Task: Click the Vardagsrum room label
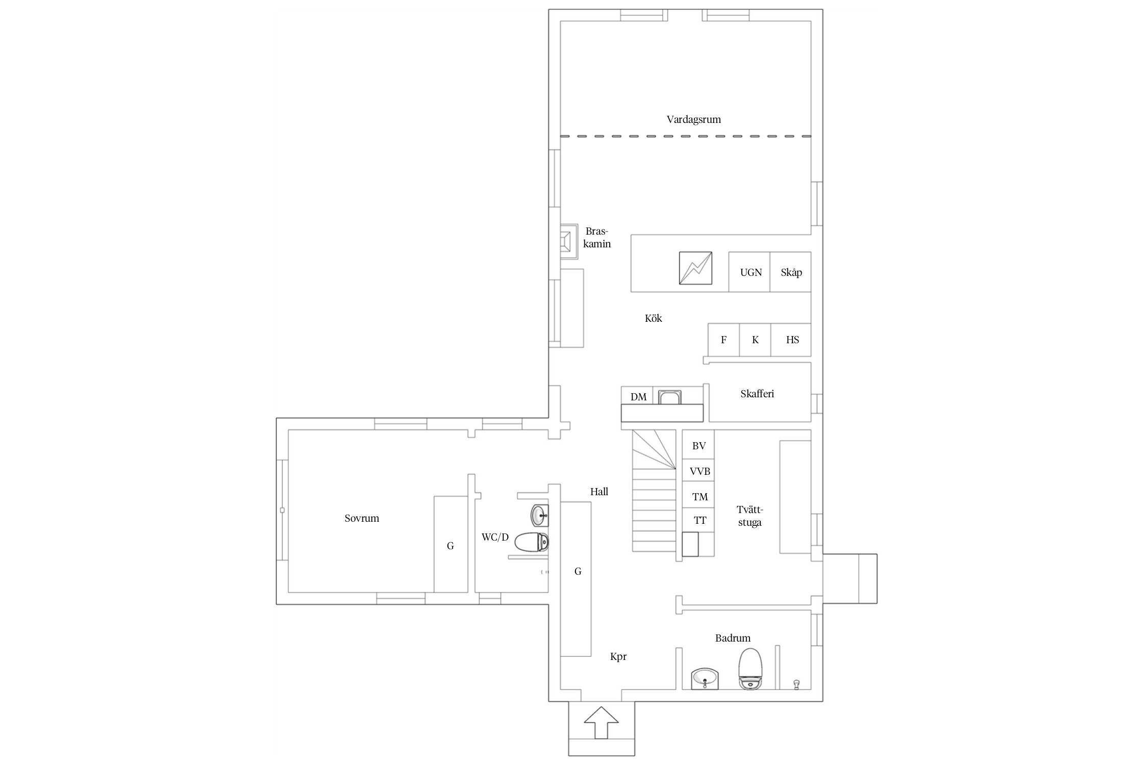coord(693,120)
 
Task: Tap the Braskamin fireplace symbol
coord(568,241)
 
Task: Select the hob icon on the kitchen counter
coord(695,268)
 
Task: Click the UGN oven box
coord(749,272)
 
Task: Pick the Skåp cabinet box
coord(790,272)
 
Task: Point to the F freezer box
coord(723,340)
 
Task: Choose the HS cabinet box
coord(791,340)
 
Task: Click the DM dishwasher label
coord(638,397)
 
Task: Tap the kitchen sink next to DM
coord(669,397)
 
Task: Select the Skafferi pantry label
coord(757,394)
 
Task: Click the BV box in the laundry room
coord(698,446)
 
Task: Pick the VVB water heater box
coord(698,471)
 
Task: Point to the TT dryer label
coord(700,521)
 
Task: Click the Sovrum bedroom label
coord(362,519)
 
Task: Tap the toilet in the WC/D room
coord(532,542)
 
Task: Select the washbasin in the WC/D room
coord(540,515)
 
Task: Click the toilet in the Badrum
coord(751,669)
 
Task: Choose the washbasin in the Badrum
coord(705,679)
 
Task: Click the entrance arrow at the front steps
coord(601,722)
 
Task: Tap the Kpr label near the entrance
coord(618,657)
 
